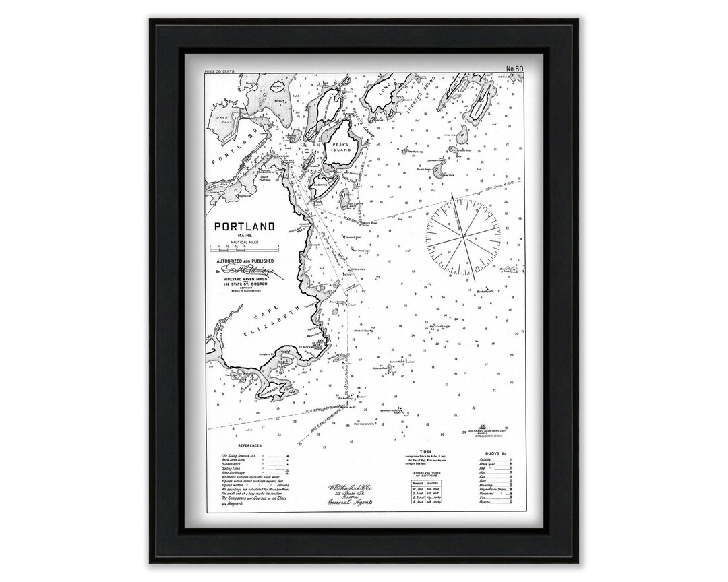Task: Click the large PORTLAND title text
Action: coord(244,227)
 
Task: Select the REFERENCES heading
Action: coord(249,445)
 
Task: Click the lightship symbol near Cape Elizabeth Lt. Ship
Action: coord(484,427)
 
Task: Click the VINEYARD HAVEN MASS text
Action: coord(243,280)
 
